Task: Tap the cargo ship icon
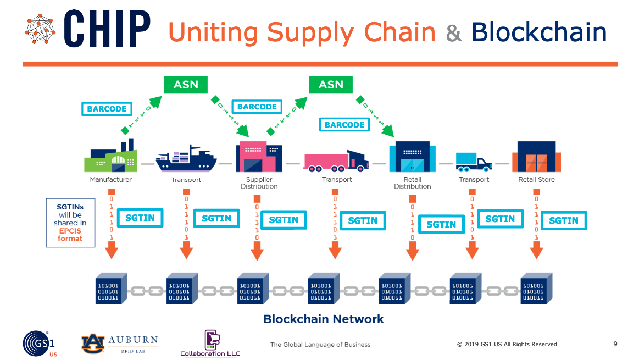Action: (x=186, y=159)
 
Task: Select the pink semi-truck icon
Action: (x=336, y=159)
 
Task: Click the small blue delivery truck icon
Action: (x=473, y=160)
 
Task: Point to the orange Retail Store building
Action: (x=536, y=157)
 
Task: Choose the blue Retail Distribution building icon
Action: (x=412, y=157)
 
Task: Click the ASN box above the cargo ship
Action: (x=186, y=85)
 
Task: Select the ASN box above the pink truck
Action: (x=331, y=85)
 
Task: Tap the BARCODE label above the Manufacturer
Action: (x=107, y=109)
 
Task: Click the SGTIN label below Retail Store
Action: (x=563, y=220)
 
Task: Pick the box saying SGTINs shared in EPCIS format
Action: (x=70, y=223)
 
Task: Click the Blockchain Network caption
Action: (x=324, y=319)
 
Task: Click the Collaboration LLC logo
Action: (x=210, y=344)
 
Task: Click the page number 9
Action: (x=615, y=344)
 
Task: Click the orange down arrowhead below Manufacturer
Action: (x=112, y=252)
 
